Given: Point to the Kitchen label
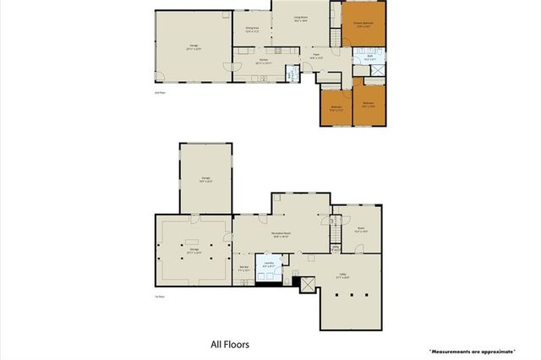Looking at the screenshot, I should click(x=264, y=61).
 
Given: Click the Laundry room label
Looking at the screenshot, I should click(x=268, y=265).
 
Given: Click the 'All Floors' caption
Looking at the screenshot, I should click(x=229, y=345).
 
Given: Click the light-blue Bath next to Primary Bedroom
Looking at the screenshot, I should click(x=369, y=60).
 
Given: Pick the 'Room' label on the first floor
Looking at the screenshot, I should click(x=358, y=228).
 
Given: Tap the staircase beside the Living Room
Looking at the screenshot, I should click(x=334, y=34).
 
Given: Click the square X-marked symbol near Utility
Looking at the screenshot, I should click(x=307, y=285).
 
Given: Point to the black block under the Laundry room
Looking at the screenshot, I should click(x=267, y=281).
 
